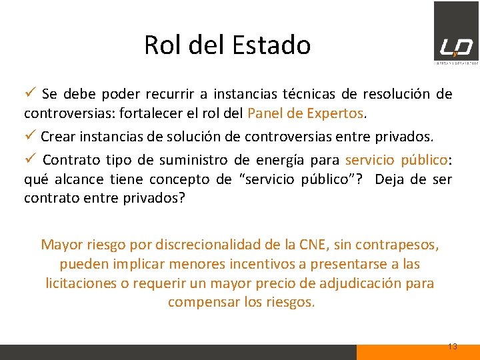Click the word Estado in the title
tap(271, 45)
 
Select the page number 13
tap(452, 347)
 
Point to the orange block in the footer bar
tap(417, 352)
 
